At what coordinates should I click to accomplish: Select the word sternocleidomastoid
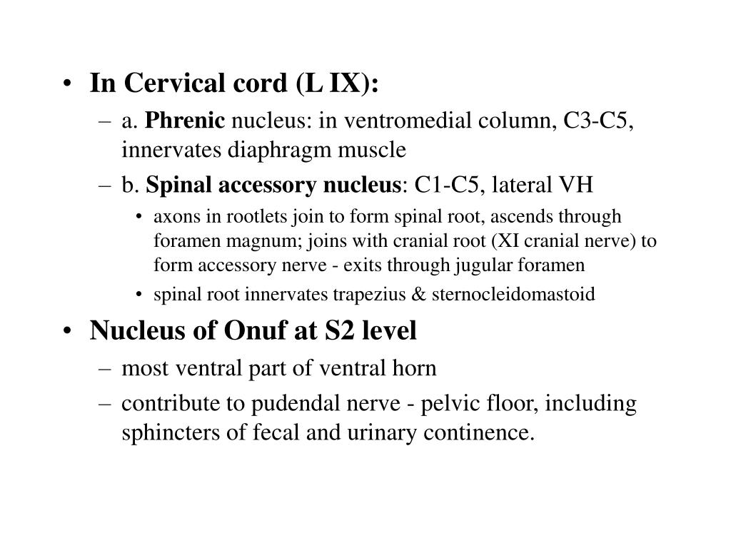[513, 295]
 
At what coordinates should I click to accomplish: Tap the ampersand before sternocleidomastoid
[421, 295]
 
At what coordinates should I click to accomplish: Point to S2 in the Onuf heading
[341, 331]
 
